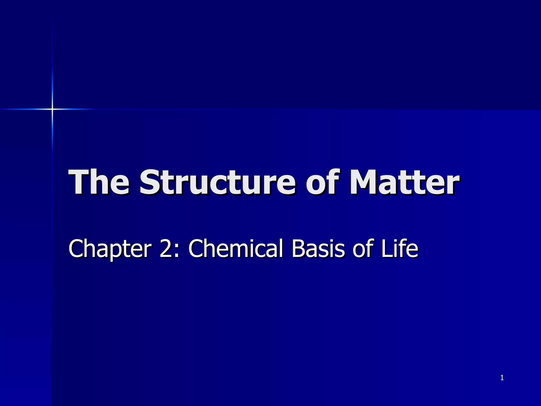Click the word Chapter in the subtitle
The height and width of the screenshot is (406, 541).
pos(110,248)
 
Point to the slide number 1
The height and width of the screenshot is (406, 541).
pos(502,378)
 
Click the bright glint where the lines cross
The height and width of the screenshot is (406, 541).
pos(52,109)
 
